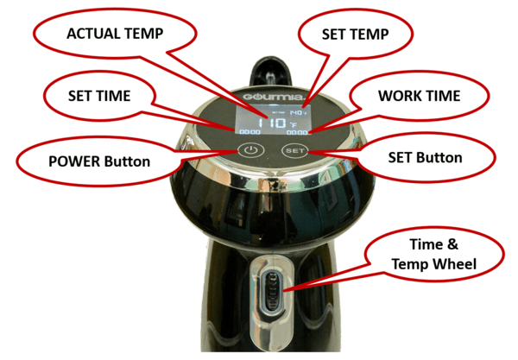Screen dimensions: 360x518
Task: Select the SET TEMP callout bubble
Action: [353, 35]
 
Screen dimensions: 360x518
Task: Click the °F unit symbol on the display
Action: [294, 124]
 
